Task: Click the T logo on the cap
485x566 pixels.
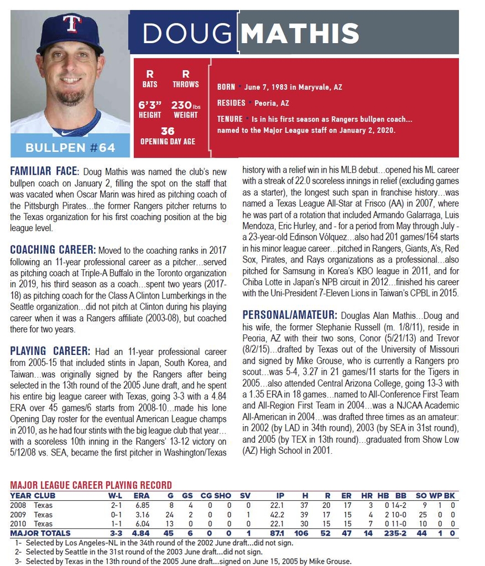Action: click(x=71, y=24)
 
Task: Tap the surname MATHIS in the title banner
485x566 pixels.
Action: click(x=300, y=33)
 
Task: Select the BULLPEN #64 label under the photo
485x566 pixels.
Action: click(x=70, y=148)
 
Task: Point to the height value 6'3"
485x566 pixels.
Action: click(x=150, y=104)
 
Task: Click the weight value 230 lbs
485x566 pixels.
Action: click(x=185, y=104)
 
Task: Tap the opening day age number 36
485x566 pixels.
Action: click(x=168, y=131)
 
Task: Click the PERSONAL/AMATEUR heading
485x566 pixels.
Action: click(x=289, y=315)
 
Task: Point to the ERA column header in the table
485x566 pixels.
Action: click(x=142, y=496)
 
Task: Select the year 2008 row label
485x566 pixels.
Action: click(x=18, y=505)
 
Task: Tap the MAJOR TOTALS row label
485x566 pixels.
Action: click(x=40, y=533)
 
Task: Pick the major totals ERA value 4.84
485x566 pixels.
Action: click(x=142, y=533)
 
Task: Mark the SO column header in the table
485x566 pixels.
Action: click(x=421, y=496)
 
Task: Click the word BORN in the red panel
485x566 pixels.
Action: click(x=226, y=87)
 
